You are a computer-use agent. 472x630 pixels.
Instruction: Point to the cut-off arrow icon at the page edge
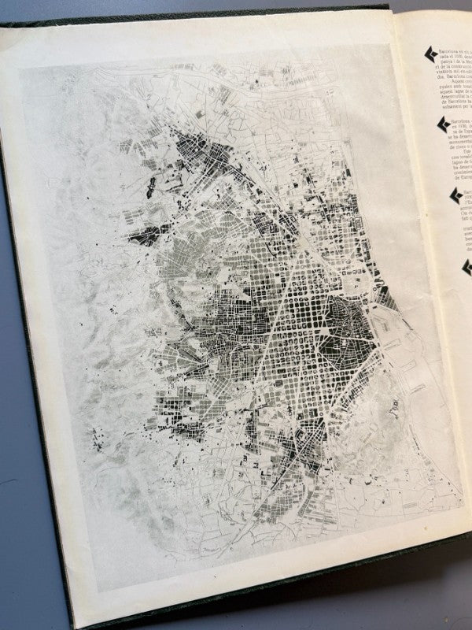click(x=467, y=268)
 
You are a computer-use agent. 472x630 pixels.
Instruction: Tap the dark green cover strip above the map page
click(x=197, y=12)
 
